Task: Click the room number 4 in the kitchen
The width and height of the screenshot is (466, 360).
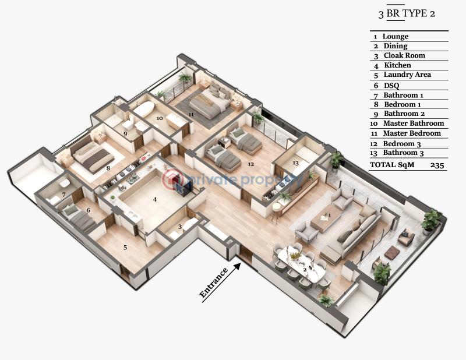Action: (154, 199)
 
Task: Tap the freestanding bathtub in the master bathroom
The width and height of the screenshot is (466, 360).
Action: (144, 108)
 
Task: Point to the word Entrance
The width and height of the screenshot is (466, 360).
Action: (214, 283)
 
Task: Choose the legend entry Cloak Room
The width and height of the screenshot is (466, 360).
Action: (404, 55)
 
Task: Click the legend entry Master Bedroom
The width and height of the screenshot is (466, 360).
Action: (412, 133)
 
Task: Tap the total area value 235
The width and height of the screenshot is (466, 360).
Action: (437, 165)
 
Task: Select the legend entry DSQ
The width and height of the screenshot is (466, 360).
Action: (391, 86)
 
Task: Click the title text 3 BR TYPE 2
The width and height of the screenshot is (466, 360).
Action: (407, 13)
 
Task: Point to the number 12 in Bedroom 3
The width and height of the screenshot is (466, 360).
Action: (251, 164)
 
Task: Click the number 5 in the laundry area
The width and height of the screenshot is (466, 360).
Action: (125, 248)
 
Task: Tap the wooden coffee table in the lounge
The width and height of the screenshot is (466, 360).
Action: (326, 219)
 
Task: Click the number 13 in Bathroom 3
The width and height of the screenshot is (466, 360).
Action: (295, 163)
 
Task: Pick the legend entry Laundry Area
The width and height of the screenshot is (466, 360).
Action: (407, 75)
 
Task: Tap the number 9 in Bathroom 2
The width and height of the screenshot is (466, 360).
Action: (125, 134)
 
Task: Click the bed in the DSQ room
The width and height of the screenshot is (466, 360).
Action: (78, 217)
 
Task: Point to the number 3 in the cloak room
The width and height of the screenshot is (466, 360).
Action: (180, 227)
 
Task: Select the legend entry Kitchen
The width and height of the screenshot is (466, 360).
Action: (397, 65)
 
